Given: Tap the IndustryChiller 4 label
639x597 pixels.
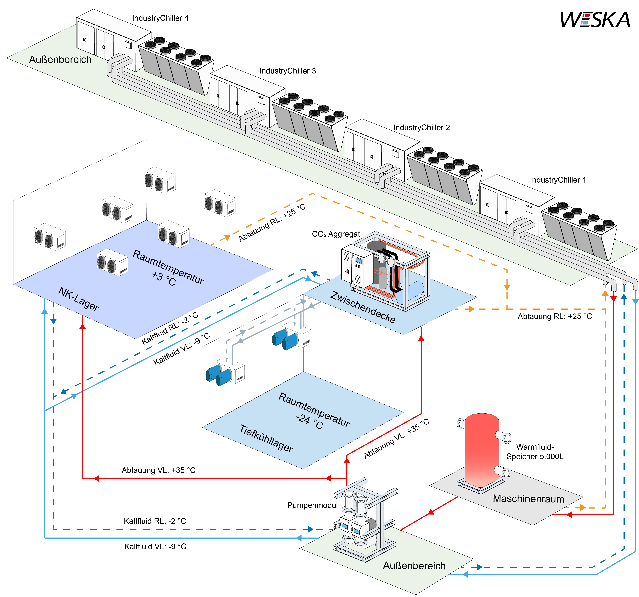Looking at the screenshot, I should tap(160, 18).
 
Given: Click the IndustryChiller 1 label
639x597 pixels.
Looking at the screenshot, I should tap(558, 180).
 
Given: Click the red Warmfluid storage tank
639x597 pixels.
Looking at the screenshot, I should tap(482, 450).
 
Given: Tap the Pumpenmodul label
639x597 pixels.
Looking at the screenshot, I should tap(312, 505).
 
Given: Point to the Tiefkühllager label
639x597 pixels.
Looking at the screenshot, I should tap(266, 438).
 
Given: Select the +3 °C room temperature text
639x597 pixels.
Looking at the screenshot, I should tap(164, 279).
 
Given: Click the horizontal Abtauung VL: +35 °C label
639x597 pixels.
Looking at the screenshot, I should tap(158, 470).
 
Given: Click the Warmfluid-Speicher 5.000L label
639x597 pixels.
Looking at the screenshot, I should tap(535, 452).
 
